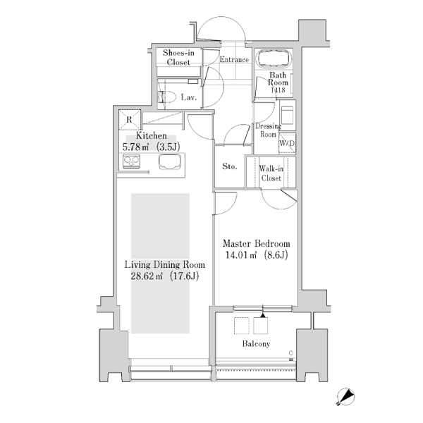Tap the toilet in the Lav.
167,97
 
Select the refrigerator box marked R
130,120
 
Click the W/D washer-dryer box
287,143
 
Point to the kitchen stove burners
131,161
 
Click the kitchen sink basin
169,161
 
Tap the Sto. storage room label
230,166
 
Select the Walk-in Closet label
271,173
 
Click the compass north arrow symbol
345,396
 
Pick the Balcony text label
256,344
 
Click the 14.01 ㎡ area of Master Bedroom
241,255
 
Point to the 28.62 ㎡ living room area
147,276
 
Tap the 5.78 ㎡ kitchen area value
136,147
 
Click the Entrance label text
234,59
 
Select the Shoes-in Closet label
178,58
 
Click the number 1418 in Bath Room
278,90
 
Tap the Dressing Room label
268,130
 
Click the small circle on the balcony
291,353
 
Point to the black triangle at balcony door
263,315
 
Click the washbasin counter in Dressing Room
288,115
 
